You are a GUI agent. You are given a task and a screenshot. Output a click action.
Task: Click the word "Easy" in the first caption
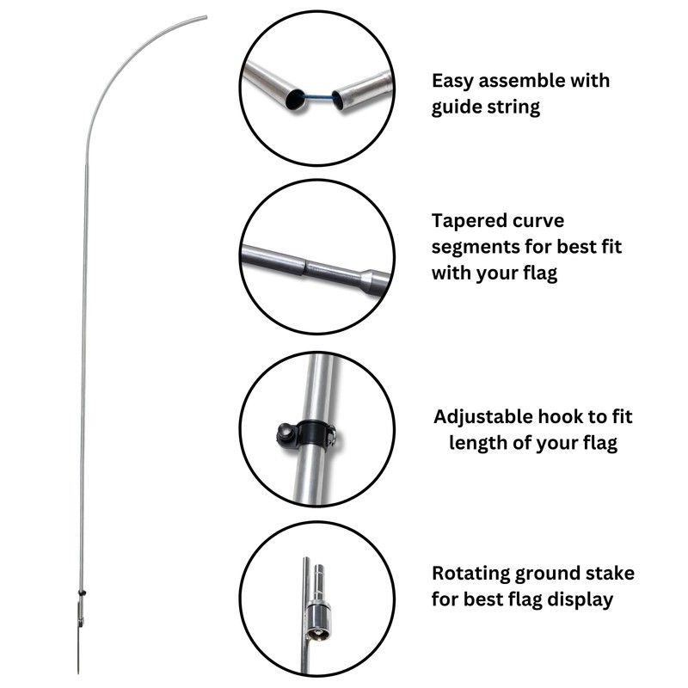click(x=453, y=81)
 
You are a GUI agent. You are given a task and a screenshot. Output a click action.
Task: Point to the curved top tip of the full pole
click(x=205, y=16)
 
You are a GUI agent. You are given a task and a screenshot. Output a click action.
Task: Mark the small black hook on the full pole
click(x=83, y=593)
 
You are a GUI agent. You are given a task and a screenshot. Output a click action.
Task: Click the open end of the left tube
click(x=295, y=99)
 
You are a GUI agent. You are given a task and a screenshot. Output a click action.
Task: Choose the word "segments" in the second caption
click(x=476, y=249)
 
